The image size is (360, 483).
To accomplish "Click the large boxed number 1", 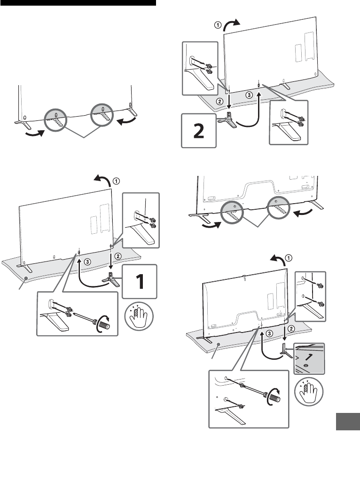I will (x=140, y=281).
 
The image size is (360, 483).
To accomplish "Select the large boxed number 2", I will (x=200, y=128).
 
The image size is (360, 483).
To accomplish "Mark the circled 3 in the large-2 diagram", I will (x=250, y=95).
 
